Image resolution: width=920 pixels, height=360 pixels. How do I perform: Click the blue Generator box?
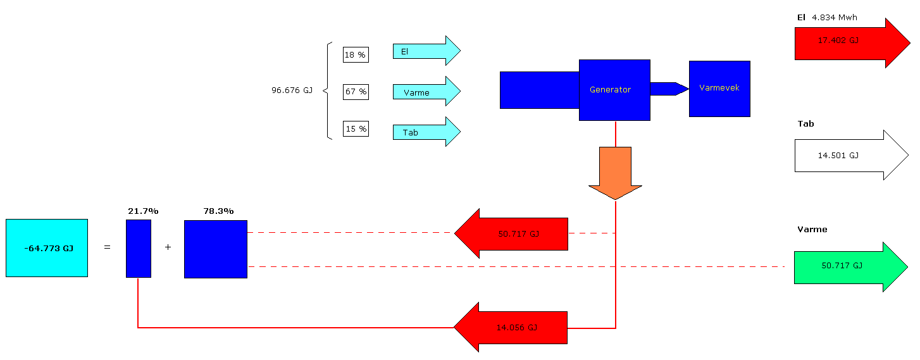(x=614, y=90)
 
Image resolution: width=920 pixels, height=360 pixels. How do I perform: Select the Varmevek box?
(x=719, y=89)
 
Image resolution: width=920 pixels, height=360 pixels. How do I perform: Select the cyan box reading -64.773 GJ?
(x=47, y=248)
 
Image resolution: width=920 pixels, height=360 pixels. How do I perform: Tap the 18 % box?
(x=356, y=55)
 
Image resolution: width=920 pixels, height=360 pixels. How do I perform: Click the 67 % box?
(x=356, y=92)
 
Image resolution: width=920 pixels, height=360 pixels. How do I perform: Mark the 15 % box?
(x=356, y=129)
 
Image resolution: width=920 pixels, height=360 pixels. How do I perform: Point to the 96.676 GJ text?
(x=292, y=90)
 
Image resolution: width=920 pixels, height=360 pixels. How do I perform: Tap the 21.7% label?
(x=143, y=211)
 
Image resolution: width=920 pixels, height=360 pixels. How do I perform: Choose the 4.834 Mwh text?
(x=834, y=18)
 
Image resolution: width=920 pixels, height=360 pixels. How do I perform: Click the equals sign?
(x=107, y=247)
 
